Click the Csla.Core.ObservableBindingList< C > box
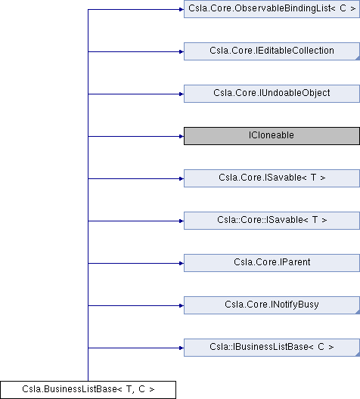pos(272,9)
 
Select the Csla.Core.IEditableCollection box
pos(272,51)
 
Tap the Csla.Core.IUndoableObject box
pos(272,94)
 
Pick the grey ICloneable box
pos(272,136)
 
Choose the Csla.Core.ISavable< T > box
pos(272,178)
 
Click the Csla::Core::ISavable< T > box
pos(272,221)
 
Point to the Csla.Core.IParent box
pos(272,263)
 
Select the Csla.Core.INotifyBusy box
pos(272,305)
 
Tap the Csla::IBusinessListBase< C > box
pos(272,348)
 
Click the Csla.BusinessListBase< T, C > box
pos(88,390)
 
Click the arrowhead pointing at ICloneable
pos(182,136)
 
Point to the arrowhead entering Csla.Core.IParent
pos(182,263)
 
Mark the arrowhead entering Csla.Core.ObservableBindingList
pos(182,9)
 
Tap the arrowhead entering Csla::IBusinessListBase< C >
pos(182,348)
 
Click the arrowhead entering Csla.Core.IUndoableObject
pos(182,94)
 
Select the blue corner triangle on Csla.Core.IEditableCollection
pos(358,58)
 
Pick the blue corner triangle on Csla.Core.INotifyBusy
pos(358,312)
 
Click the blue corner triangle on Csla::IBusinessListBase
pos(358,354)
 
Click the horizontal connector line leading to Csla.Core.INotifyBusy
pos(134,305)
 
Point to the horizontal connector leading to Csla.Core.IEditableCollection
pos(134,51)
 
